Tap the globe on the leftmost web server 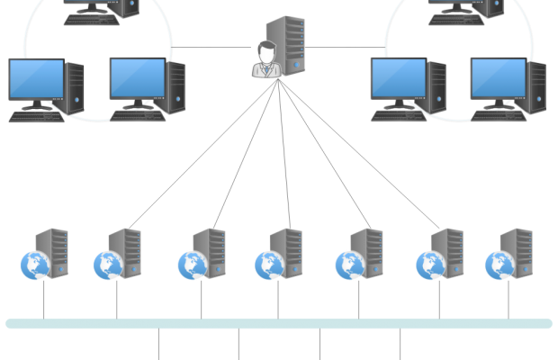(x=32, y=265)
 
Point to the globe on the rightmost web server (x=497, y=265)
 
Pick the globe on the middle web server (x=267, y=265)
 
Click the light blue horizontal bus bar (x=279, y=324)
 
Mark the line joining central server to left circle (x=211, y=47)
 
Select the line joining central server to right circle (x=346, y=47)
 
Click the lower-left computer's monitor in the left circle (x=36, y=79)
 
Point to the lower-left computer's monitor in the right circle (x=398, y=79)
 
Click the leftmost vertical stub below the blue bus (x=158, y=344)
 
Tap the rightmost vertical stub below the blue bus (x=400, y=344)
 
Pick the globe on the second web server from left (x=106, y=265)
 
